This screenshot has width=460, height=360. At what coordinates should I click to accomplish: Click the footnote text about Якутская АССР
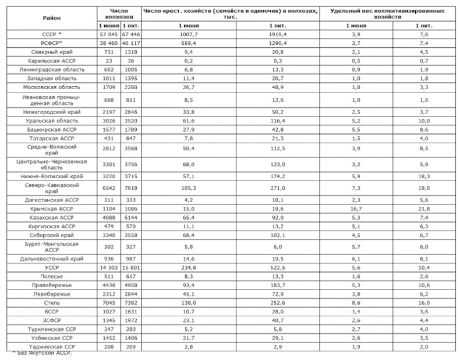43,354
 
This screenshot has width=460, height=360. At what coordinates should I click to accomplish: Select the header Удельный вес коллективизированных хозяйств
390,15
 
